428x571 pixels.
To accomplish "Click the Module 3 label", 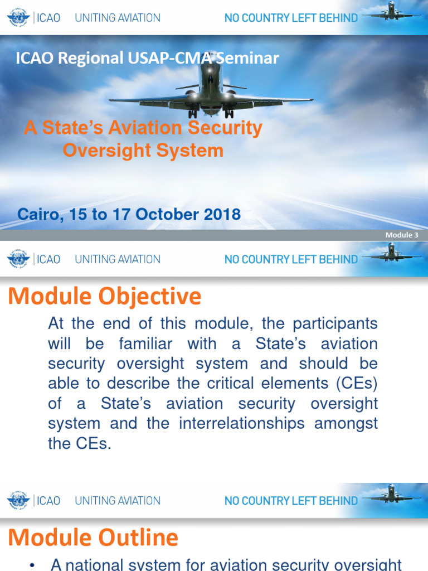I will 401,235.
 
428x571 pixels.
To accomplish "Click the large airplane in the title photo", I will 210,89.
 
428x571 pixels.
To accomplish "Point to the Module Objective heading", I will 104,297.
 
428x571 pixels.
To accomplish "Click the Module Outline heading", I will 93,538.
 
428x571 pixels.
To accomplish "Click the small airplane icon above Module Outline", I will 391,493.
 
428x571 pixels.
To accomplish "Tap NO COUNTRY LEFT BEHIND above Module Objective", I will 290,259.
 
